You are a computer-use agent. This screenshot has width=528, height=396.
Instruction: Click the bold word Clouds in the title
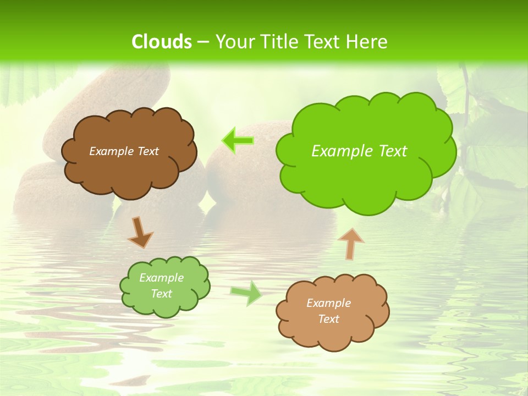click(x=161, y=42)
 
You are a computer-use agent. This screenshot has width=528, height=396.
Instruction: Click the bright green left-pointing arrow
click(x=238, y=141)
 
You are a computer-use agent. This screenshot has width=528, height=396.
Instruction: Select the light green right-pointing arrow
click(x=246, y=293)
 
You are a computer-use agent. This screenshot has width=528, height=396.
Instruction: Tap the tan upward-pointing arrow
click(x=351, y=243)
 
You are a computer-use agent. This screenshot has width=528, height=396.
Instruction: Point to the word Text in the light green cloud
click(x=162, y=294)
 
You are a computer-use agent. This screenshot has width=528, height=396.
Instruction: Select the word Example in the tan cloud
click(x=328, y=303)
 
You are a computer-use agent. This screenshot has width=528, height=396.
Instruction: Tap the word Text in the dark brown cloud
click(x=148, y=151)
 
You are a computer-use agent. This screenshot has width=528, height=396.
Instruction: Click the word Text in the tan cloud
click(x=328, y=319)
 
